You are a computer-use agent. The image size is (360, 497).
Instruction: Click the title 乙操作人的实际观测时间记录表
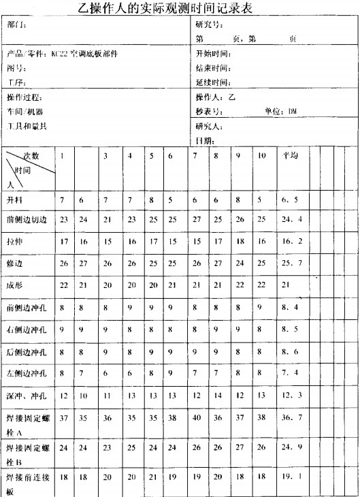(x=181, y=8)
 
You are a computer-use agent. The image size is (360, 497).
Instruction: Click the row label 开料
(x=15, y=200)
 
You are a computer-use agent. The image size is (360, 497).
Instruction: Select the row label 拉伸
(x=15, y=241)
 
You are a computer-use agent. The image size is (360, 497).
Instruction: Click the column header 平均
(x=291, y=156)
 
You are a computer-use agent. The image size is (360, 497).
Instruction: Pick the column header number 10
(x=262, y=156)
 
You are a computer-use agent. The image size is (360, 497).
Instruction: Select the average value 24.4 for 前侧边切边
(x=292, y=220)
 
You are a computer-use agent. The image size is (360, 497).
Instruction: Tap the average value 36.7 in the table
(x=292, y=417)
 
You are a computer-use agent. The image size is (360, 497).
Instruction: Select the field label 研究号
(x=208, y=25)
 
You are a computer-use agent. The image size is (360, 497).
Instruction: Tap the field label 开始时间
(x=213, y=54)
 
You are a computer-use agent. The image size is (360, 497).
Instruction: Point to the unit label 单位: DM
(x=281, y=111)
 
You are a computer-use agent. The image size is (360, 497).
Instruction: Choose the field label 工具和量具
(x=27, y=126)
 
